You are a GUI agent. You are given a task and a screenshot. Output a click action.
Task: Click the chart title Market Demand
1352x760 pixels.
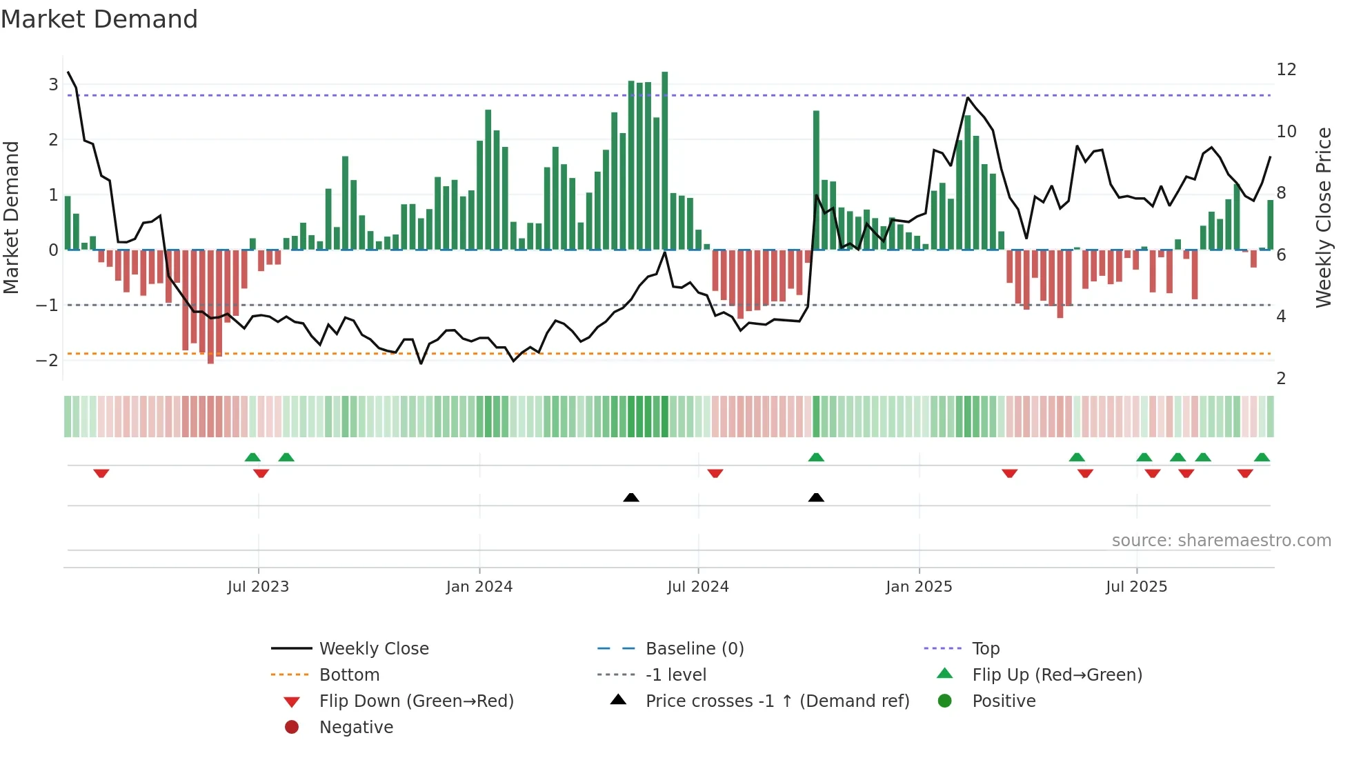(99, 19)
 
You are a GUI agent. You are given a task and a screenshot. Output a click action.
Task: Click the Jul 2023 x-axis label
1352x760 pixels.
(258, 587)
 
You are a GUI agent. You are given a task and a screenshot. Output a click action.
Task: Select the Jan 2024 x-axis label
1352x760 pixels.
(479, 587)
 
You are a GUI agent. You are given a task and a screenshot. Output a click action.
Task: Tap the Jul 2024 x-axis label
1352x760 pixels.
(698, 587)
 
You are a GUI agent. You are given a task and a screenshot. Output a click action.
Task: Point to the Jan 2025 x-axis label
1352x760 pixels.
(919, 587)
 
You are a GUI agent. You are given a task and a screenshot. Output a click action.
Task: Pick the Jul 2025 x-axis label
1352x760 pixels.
(1137, 587)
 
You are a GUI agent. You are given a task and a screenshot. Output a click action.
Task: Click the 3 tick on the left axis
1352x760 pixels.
(53, 84)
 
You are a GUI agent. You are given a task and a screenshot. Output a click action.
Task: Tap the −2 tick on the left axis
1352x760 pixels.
(48, 360)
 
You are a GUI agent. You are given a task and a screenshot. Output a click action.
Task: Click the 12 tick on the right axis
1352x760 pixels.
(1286, 70)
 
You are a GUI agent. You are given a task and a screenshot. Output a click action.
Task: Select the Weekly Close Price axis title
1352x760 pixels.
(1323, 217)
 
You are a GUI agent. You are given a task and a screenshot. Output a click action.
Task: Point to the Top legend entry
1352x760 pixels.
(986, 649)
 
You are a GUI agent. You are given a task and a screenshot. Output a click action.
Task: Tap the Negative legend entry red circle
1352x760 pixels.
(292, 728)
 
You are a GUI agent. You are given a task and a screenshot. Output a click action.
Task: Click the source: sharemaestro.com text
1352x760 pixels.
(1221, 541)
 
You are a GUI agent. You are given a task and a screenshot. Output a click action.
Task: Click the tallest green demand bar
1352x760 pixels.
(665, 160)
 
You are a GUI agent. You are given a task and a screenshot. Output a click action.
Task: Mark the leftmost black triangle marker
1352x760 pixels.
(630, 497)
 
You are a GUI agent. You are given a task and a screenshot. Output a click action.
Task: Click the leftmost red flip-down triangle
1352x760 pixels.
(101, 473)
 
